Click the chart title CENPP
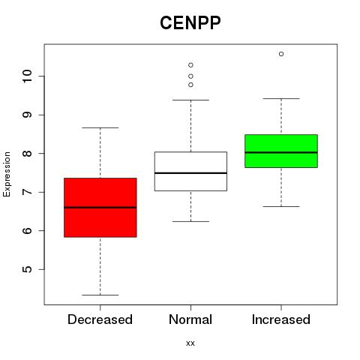click(190, 22)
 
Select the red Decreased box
click(100, 208)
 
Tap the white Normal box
click(190, 171)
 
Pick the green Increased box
click(281, 151)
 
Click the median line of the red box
click(100, 208)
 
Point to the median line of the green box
click(281, 152)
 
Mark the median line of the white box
click(190, 173)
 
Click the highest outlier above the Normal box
click(190, 65)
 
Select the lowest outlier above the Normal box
click(190, 85)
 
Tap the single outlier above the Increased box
click(281, 54)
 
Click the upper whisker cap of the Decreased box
click(100, 127)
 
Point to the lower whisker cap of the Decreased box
click(100, 295)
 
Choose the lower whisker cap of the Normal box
click(190, 221)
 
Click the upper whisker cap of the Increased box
click(281, 98)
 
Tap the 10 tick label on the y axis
click(27, 76)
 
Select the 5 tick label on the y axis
click(27, 269)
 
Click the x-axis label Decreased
click(100, 319)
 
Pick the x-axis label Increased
click(281, 319)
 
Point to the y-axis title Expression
click(7, 174)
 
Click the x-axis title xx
click(190, 343)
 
